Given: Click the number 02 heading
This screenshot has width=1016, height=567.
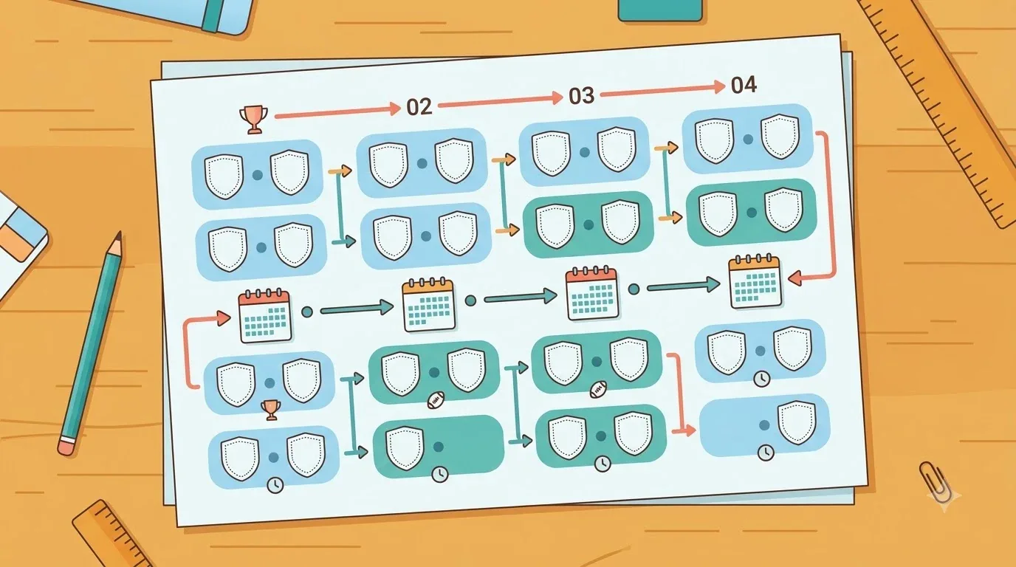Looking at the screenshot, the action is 419,107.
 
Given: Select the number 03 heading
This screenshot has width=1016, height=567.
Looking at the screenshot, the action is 582,96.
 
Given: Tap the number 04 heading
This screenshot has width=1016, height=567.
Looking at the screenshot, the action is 744,85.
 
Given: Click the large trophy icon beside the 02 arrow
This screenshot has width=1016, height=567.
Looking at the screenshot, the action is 253,120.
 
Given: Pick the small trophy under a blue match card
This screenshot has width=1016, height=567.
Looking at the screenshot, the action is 271,410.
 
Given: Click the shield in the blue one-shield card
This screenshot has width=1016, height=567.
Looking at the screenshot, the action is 797,422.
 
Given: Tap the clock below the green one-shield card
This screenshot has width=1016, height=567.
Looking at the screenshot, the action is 439,475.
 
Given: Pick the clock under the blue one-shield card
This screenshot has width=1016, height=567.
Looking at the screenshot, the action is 766,453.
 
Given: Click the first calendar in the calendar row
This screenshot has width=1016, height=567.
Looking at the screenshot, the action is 265,316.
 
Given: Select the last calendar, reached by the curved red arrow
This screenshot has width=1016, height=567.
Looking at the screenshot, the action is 755,282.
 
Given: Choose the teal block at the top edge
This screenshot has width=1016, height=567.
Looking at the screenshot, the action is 660,10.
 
